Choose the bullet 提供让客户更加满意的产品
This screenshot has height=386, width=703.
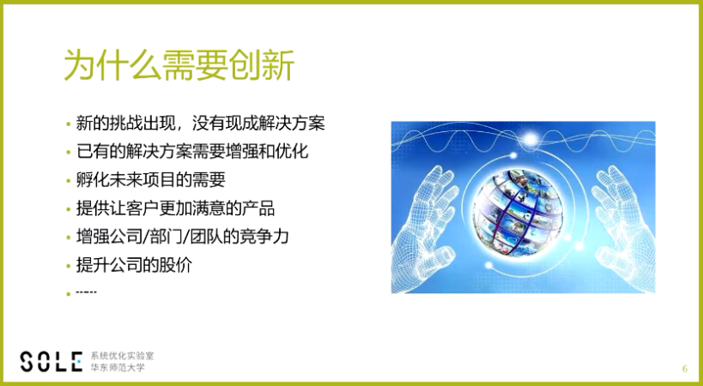(175, 208)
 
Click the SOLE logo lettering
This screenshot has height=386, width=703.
(52, 361)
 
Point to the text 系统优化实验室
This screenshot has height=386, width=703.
(117, 355)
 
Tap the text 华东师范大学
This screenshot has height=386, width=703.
(112, 368)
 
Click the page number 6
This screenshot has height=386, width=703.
(684, 369)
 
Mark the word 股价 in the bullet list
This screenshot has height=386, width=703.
(176, 265)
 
